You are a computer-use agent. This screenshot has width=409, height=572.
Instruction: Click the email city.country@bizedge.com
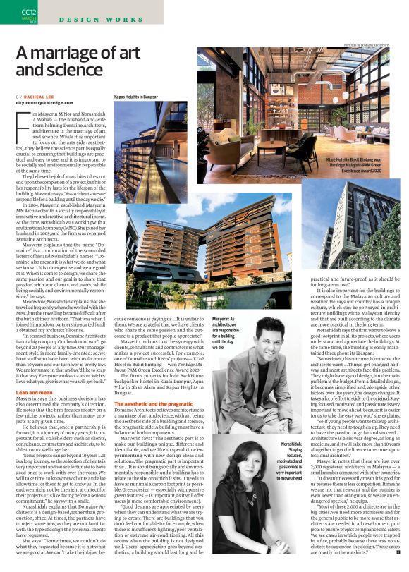[47, 103]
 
